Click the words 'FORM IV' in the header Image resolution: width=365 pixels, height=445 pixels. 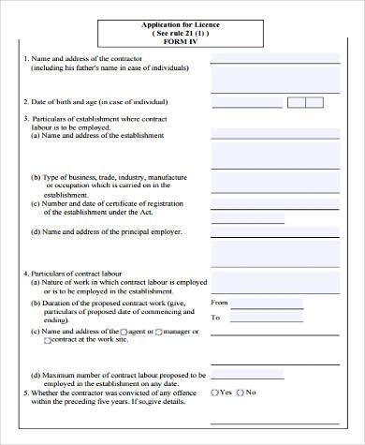click(181, 41)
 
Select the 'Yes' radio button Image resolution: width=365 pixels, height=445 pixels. click(216, 392)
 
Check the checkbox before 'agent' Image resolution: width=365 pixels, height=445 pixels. click(124, 332)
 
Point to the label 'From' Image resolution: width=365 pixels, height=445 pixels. click(220, 303)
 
